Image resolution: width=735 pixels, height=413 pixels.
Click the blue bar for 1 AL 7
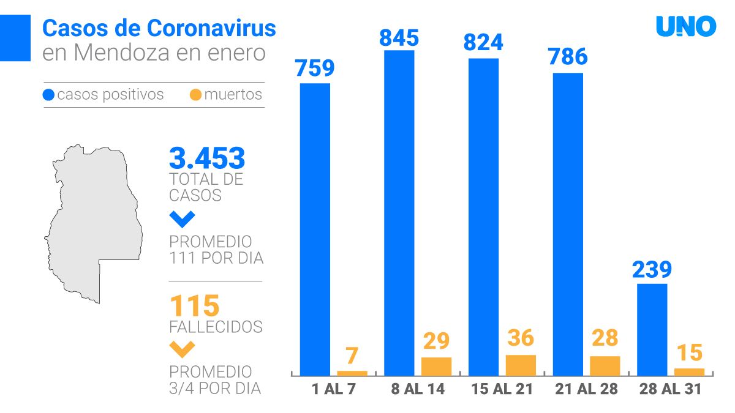[x=315, y=229]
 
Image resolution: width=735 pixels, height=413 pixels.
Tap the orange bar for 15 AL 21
[x=521, y=365]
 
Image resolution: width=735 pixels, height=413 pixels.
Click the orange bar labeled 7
[x=352, y=373]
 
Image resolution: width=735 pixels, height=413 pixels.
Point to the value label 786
[x=568, y=57]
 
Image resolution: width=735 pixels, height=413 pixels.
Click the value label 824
[x=483, y=42]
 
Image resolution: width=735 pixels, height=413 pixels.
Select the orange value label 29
[x=436, y=341]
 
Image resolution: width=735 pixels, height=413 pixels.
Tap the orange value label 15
[x=689, y=352]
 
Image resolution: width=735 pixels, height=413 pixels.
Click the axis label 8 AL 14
[x=417, y=389]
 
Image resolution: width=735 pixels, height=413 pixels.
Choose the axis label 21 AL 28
[x=586, y=389]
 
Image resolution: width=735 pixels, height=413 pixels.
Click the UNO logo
[x=686, y=26]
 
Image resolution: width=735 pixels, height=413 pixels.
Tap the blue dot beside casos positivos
[x=49, y=95]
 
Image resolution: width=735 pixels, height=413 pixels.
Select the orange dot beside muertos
[x=196, y=95]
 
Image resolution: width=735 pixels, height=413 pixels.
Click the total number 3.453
[x=207, y=158]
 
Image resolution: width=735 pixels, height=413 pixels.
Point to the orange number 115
[x=194, y=305]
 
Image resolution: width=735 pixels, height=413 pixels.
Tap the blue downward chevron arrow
[x=183, y=218]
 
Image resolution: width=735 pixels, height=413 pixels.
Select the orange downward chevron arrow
[x=183, y=349]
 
